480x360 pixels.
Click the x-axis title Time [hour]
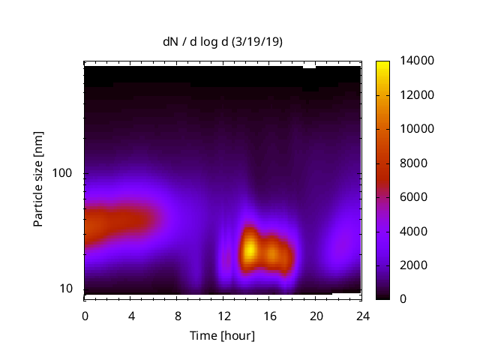pos(223,335)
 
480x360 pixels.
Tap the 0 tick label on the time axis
pos(85,315)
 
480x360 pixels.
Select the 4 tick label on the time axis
pos(131,315)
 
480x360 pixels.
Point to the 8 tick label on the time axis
pos(177,315)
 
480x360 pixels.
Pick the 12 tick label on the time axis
pos(223,315)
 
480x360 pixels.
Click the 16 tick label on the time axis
pos(269,315)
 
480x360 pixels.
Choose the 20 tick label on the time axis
pos(316,315)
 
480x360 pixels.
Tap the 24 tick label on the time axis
pos(361,315)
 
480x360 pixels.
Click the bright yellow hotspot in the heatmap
pos(250,249)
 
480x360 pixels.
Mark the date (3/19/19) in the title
pos(259,42)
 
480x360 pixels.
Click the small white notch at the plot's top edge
pos(309,66)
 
